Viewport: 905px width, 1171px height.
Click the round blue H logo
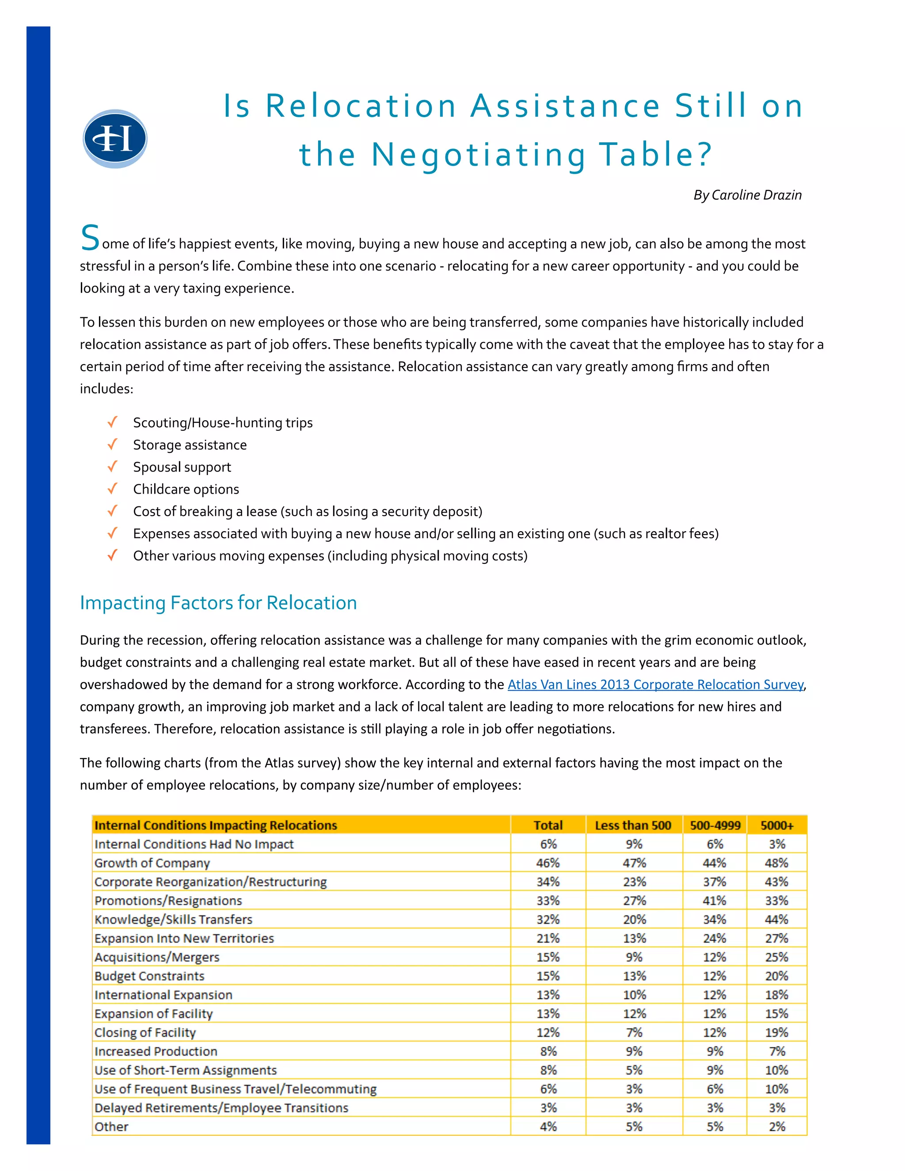tap(115, 139)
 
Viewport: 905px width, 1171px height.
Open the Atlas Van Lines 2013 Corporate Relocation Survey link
tap(655, 684)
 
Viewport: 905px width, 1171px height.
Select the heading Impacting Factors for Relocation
tap(218, 603)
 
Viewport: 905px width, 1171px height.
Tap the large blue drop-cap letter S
tap(90, 238)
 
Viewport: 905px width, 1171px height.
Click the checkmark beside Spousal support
tap(112, 467)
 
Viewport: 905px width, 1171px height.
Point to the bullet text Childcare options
tap(186, 490)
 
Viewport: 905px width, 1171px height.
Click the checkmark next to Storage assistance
tap(112, 445)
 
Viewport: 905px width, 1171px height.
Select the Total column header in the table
tap(548, 825)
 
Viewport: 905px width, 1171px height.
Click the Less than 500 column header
tap(633, 825)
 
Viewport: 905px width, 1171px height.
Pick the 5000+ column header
tap(776, 825)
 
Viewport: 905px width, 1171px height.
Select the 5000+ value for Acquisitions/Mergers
tap(776, 957)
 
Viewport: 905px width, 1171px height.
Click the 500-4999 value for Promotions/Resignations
tap(714, 901)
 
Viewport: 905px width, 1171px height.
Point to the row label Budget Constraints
tap(150, 977)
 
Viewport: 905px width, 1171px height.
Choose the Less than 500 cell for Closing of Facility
tap(634, 1033)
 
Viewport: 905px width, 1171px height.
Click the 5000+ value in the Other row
tap(776, 1126)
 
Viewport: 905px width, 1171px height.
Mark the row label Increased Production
tap(156, 1051)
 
